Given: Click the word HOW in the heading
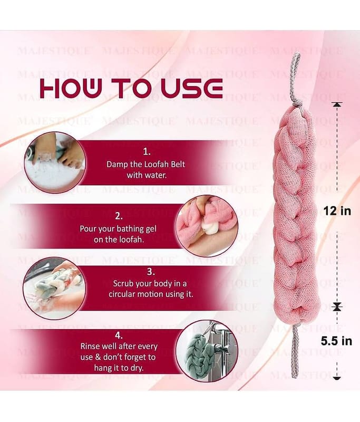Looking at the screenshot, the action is [71, 88].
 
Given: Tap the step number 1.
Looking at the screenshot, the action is [147, 152].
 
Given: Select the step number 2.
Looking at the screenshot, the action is [119, 216].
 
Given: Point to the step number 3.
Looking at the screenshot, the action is [151, 272].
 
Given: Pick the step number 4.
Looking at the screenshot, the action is [119, 335].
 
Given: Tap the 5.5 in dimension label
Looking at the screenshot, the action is [336, 341].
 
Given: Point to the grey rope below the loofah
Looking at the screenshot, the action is [296, 352].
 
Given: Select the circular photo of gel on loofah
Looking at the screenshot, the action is [207, 226].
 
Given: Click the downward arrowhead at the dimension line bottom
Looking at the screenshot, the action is [337, 378].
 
